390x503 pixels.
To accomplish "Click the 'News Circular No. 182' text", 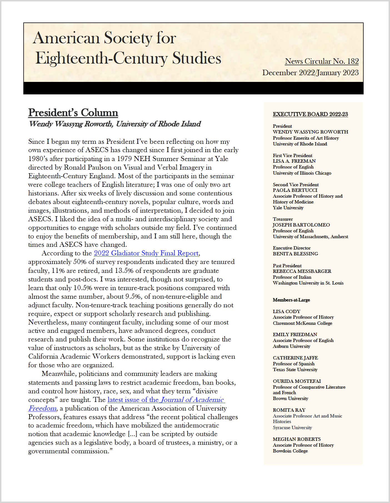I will (322, 61).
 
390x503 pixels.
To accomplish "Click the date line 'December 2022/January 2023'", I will (310, 73).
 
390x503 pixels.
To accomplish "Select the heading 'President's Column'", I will (73, 112).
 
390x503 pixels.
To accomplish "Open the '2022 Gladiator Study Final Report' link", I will (146, 253).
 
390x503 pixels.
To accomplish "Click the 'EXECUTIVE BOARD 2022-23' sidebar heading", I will (310, 114).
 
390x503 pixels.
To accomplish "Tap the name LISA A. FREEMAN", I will (294, 161).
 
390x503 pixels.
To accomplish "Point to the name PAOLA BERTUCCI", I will (295, 190).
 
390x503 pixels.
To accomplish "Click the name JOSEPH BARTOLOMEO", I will (301, 225).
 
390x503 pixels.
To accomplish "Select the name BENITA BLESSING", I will (295, 254).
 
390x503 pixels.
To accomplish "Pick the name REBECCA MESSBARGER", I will (302, 271).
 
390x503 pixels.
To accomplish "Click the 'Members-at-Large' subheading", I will (291, 300).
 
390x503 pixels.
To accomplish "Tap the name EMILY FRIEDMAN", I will (295, 335).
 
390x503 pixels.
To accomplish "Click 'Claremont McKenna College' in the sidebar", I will (302, 323).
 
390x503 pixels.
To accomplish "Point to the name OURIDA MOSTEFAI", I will (297, 381).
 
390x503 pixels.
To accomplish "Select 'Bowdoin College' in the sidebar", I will (290, 451).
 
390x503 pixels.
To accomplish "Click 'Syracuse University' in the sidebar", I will (292, 427).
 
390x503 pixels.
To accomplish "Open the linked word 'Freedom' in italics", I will (42, 408).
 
